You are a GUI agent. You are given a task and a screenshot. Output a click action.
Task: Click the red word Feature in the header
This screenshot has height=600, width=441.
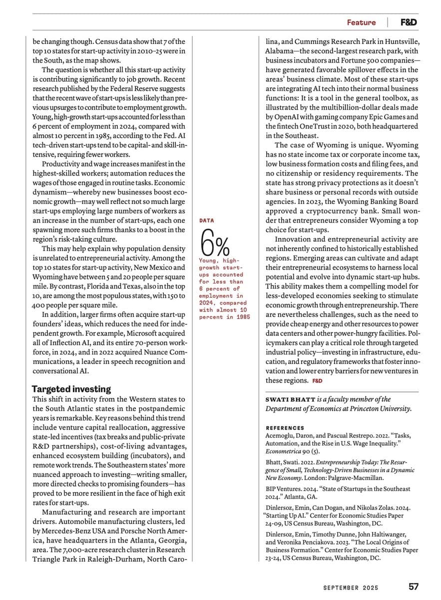click(x=361, y=22)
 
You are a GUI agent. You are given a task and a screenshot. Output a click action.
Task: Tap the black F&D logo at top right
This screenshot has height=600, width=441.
click(x=409, y=22)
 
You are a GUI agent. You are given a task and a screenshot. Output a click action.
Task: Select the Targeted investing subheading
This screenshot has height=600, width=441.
click(x=71, y=389)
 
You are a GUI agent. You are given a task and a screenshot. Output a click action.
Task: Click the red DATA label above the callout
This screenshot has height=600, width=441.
click(x=207, y=220)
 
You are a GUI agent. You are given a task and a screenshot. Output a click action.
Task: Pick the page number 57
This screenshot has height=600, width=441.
click(x=413, y=586)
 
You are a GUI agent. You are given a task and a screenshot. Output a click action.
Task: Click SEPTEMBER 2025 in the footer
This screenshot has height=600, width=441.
click(x=350, y=587)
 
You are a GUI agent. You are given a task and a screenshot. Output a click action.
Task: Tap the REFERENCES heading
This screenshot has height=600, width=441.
click(x=285, y=428)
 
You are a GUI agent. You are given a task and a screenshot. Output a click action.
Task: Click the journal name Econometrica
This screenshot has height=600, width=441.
click(x=284, y=452)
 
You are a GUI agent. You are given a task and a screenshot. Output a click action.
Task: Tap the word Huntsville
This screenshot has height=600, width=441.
click(x=401, y=41)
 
